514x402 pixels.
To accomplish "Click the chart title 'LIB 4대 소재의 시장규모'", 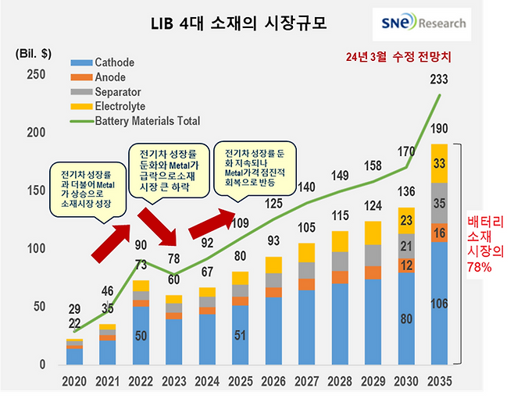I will click(239, 23).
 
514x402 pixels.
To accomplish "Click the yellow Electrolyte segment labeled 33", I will click(440, 163).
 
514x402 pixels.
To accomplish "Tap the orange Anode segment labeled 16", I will click(440, 233).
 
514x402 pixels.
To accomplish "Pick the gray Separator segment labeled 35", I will click(440, 203).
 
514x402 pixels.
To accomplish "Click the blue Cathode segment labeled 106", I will click(440, 303).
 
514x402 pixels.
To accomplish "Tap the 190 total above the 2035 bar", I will click(440, 130).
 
